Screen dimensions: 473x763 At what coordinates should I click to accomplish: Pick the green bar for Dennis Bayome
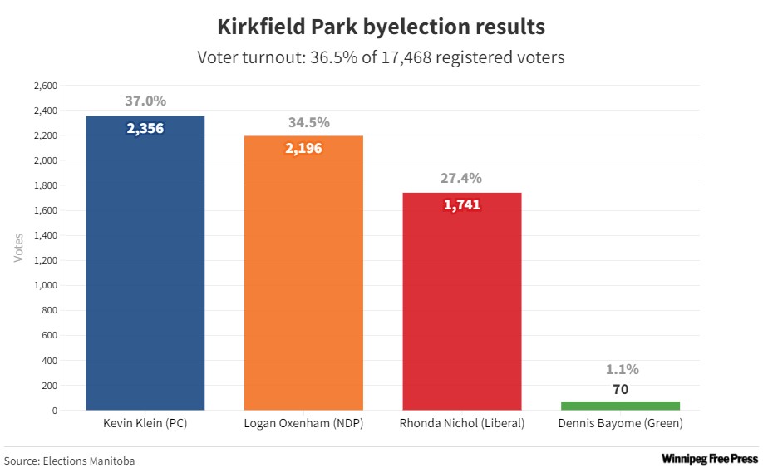[x=620, y=406]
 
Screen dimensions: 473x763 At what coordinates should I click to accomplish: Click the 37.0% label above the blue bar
[x=145, y=101]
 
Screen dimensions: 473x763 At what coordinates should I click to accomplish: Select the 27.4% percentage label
[x=461, y=178]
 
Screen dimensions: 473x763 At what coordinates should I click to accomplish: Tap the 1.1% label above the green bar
[x=620, y=369]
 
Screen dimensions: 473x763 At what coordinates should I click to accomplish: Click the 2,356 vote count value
[x=145, y=129]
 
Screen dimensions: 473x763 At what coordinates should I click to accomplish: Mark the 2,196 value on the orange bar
[x=303, y=148]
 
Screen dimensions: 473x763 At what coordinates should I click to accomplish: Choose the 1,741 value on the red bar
[x=461, y=204]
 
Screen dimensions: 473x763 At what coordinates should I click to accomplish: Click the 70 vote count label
[x=620, y=389]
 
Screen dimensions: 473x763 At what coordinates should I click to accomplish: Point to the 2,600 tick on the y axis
[x=45, y=86]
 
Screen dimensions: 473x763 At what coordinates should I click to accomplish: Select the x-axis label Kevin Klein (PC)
[x=145, y=423]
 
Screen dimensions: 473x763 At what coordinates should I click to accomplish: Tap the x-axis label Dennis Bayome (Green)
[x=620, y=423]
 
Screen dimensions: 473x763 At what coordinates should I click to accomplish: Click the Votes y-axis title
[x=18, y=248]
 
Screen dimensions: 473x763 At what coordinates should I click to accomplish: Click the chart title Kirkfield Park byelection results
[x=381, y=27]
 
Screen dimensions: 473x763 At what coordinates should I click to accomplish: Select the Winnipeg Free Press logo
[x=709, y=458]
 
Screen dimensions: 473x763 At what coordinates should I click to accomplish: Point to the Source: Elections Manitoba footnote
[x=70, y=461]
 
